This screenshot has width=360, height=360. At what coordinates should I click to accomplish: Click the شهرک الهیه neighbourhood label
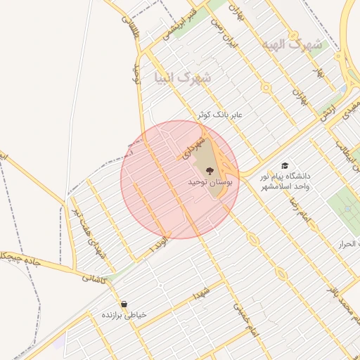pos(291,45)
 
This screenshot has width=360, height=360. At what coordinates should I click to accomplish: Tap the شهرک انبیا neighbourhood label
pos(181,77)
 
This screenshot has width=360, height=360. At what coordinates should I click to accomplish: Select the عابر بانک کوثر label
pos(224,114)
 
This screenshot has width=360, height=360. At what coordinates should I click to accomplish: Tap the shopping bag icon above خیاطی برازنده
pos(124,304)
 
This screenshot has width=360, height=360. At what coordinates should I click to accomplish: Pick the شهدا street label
pos(203,292)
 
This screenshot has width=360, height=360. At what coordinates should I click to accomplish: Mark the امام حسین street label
pos(242,316)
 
